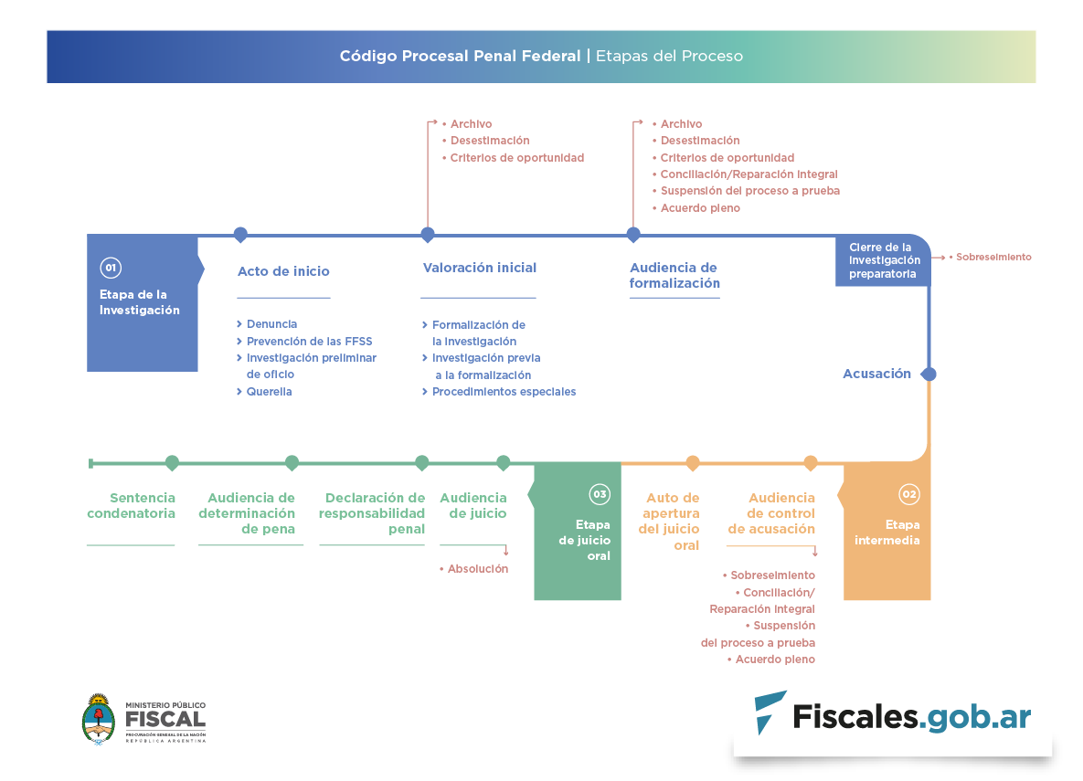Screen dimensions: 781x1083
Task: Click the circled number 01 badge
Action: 111,268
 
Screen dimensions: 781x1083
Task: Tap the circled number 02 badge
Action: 908,494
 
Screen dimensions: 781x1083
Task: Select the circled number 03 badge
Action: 600,494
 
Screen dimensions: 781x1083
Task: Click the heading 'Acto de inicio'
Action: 283,271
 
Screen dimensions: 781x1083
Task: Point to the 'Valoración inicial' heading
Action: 479,268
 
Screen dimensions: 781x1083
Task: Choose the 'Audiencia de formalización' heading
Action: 674,275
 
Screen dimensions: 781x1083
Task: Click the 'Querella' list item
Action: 269,392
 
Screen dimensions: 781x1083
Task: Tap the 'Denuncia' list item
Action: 271,324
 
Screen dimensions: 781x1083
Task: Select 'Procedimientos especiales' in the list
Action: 504,392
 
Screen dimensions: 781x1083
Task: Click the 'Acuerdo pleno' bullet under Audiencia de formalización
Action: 700,208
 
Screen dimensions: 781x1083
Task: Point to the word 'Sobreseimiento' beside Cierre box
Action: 993,258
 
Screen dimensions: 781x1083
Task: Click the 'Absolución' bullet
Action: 477,569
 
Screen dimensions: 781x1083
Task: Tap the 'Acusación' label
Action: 876,374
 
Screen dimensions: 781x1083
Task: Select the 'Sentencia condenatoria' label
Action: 131,505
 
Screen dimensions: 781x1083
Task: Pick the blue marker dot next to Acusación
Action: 929,374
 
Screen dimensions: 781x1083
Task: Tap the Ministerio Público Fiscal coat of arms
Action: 99,718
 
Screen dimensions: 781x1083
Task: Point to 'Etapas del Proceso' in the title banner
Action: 669,56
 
